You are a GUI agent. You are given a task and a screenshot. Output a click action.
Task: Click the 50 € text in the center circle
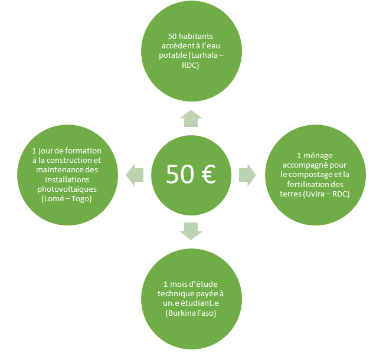pyautogui.click(x=191, y=174)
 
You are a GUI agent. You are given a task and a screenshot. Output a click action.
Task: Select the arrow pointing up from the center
pyautogui.click(x=191, y=119)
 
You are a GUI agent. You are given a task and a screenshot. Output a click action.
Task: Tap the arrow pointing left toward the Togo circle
pyautogui.click(x=135, y=175)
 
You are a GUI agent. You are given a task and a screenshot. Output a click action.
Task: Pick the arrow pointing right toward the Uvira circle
pyautogui.click(x=247, y=175)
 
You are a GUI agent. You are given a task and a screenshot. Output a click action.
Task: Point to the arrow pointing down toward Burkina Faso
pyautogui.click(x=191, y=231)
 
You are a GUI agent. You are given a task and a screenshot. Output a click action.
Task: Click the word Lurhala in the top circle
pyautogui.click(x=204, y=55)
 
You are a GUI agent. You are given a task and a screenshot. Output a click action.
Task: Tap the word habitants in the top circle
pyautogui.click(x=196, y=37)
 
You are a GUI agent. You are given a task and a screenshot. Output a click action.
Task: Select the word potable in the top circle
pyautogui.click(x=172, y=56)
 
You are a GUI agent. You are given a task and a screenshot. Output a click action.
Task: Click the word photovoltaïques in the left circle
pyautogui.click(x=67, y=189)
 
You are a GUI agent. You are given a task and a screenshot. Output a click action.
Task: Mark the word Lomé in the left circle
pyautogui.click(x=51, y=199)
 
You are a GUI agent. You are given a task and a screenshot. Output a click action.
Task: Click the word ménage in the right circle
pyautogui.click(x=318, y=156)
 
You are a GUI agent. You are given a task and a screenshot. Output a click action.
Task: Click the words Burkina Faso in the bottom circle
pyautogui.click(x=191, y=313)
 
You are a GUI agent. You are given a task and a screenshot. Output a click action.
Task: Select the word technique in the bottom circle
pyautogui.click(x=174, y=294)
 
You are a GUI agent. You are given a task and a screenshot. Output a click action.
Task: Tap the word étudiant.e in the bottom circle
pyautogui.click(x=199, y=303)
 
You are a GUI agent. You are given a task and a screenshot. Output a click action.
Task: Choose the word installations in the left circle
pyautogui.click(x=67, y=179)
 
